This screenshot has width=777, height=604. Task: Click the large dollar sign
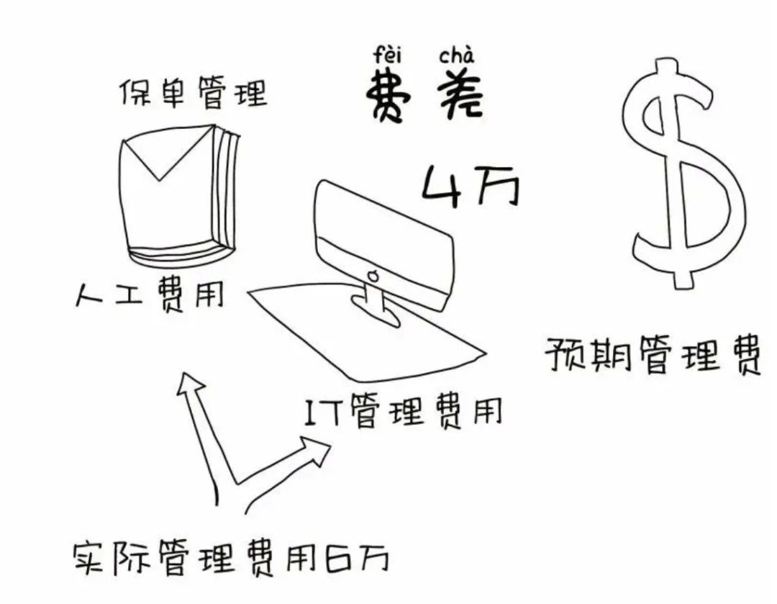680,173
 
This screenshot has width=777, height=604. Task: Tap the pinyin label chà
456,54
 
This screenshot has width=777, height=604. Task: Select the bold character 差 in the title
458,97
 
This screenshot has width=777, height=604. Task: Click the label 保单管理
193,93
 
